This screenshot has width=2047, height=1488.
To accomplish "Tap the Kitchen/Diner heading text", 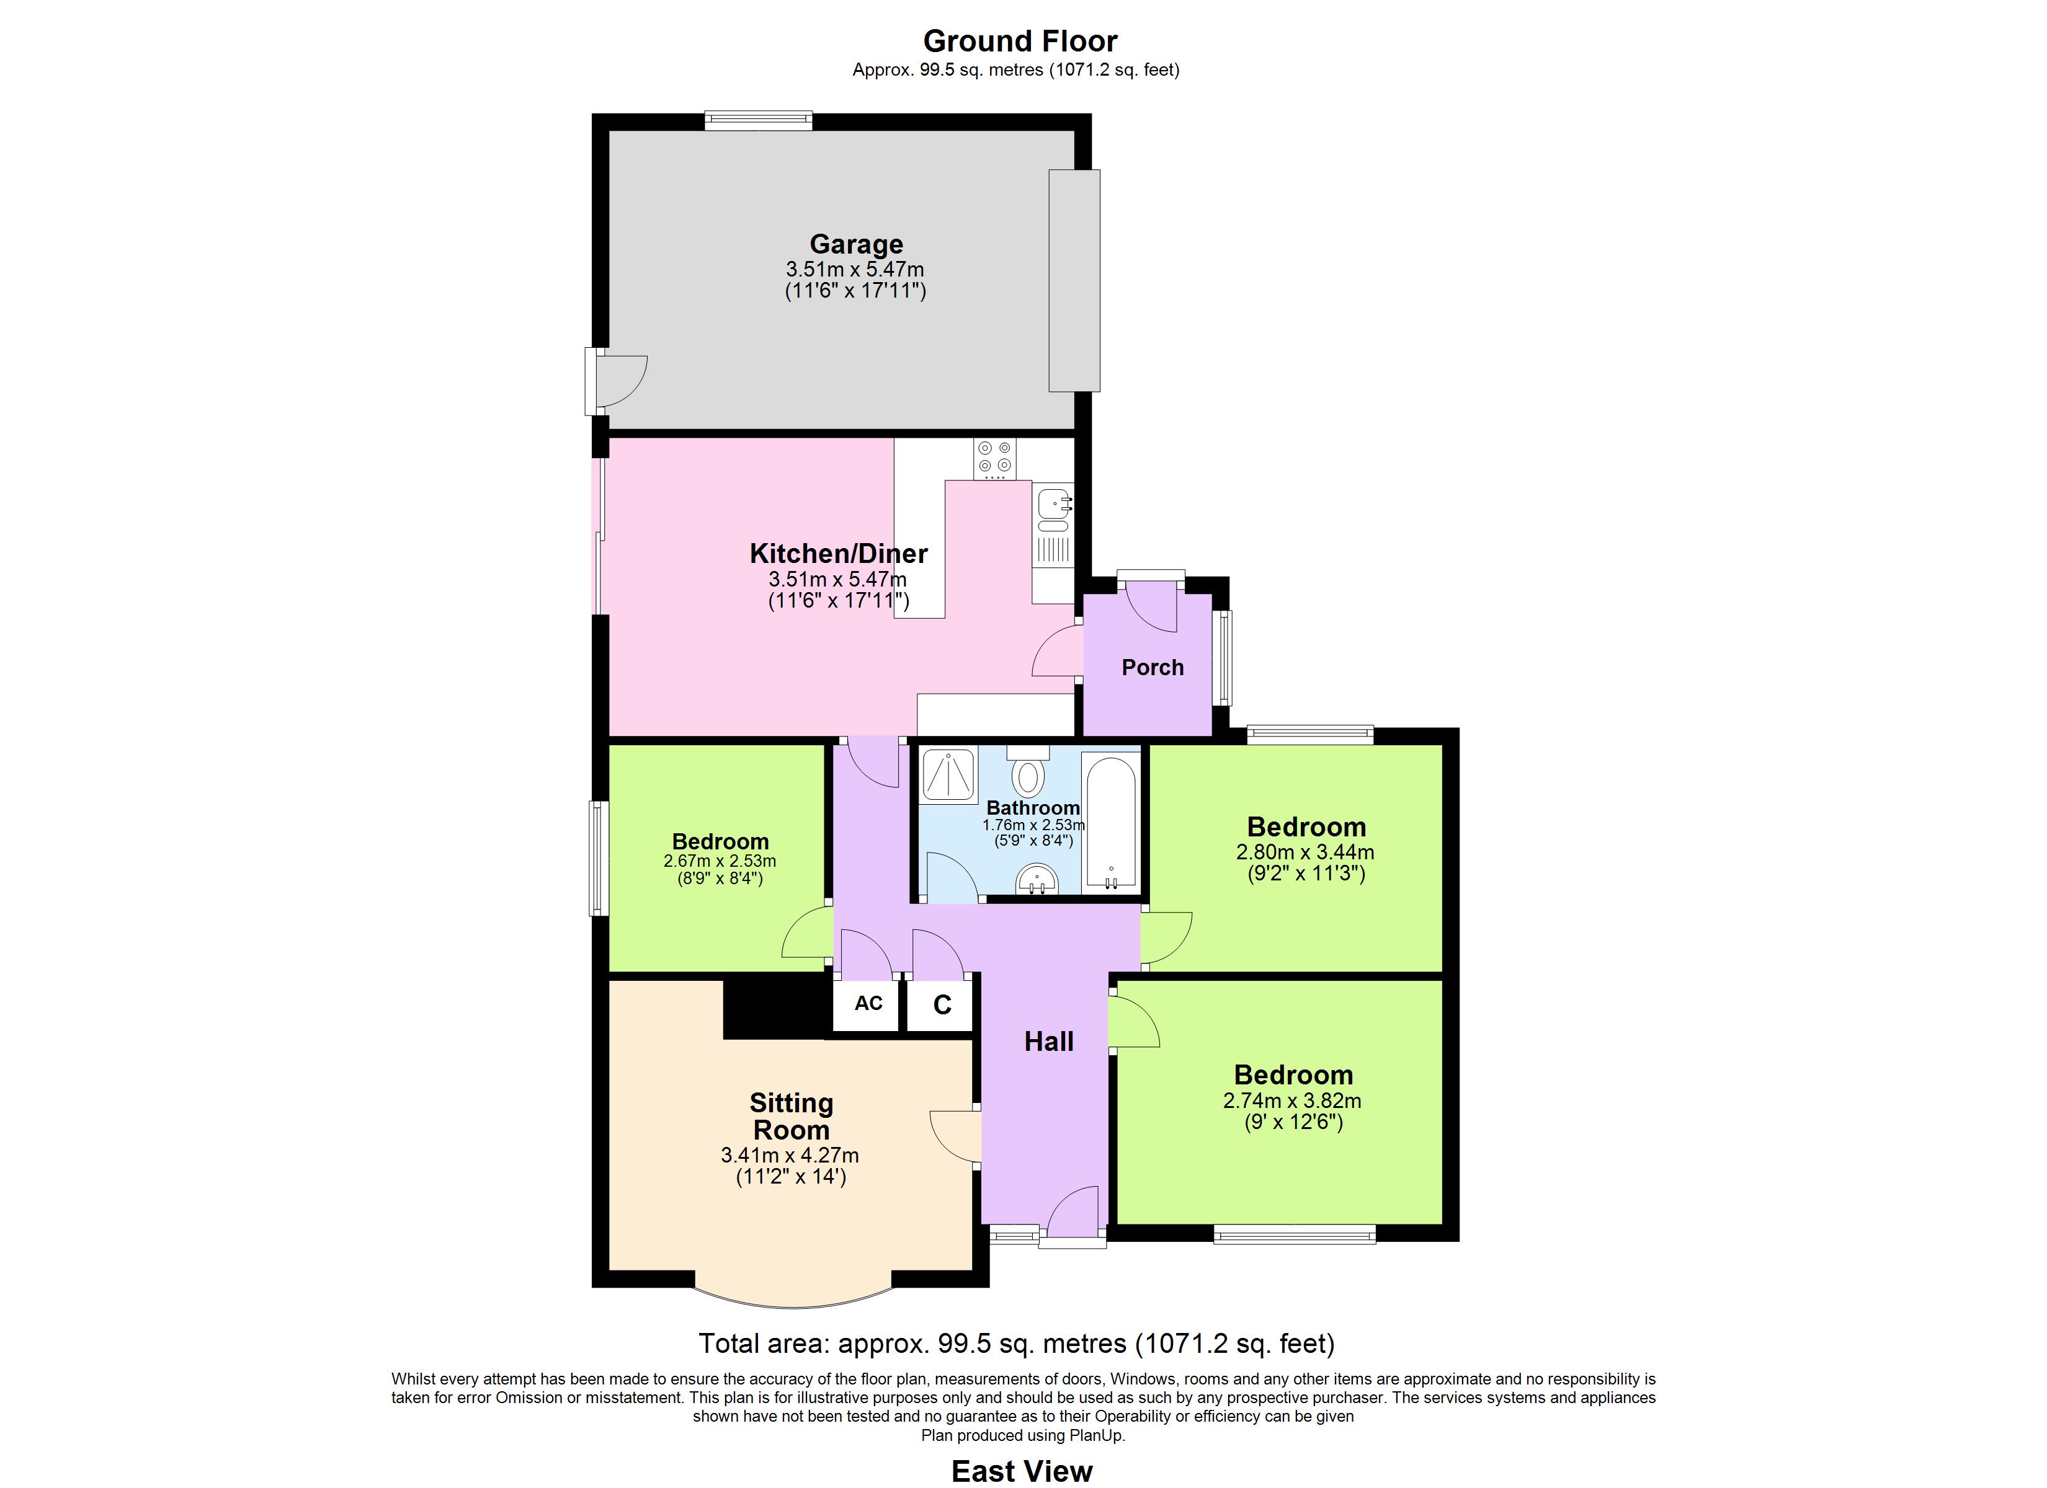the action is click(x=839, y=553).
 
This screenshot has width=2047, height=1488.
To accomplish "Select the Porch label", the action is click(x=1153, y=668).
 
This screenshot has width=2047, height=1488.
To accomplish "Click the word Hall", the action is click(x=1049, y=1042).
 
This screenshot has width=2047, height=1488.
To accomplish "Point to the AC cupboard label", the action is click(x=868, y=1003).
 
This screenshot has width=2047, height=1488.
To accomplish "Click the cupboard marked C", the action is click(x=942, y=1005).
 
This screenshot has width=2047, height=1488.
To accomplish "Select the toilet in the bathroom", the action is click(x=1027, y=771).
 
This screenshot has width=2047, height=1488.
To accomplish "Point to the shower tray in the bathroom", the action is click(x=948, y=775).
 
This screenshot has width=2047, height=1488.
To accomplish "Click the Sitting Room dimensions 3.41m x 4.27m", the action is click(x=790, y=1155).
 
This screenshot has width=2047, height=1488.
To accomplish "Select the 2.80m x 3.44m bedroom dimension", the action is click(x=1305, y=852).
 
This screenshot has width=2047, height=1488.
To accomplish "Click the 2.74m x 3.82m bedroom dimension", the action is click(x=1293, y=1101).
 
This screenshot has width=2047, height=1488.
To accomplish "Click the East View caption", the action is click(x=1022, y=1471).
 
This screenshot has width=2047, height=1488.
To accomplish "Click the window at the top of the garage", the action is click(x=758, y=120).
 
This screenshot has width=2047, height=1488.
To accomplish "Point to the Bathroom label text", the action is click(x=1033, y=808).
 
